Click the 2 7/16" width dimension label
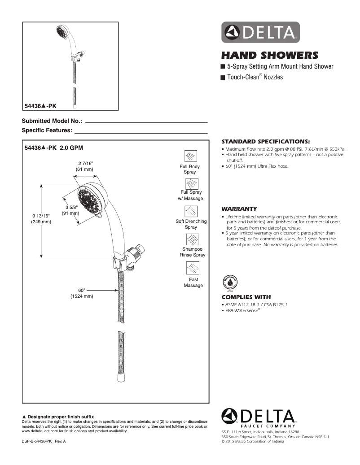[x=85, y=166]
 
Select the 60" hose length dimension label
[x=82, y=293]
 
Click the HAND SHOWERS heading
[x=269, y=56]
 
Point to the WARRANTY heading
[x=239, y=209]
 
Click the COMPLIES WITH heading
[x=246, y=297]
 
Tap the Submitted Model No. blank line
[x=146, y=122]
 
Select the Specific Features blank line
[x=141, y=133]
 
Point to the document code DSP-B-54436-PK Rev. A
[x=44, y=442]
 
